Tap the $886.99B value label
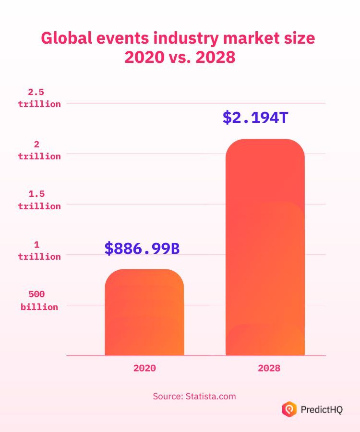click(x=142, y=248)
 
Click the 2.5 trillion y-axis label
click(x=39, y=98)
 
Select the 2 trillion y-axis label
click(x=39, y=150)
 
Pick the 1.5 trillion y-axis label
click(x=39, y=200)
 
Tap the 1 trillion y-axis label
click(x=39, y=251)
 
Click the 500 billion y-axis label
click(x=39, y=301)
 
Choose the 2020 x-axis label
click(x=144, y=368)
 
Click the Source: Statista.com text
click(x=194, y=396)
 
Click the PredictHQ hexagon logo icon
click(x=288, y=409)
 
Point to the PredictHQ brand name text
click(x=322, y=409)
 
